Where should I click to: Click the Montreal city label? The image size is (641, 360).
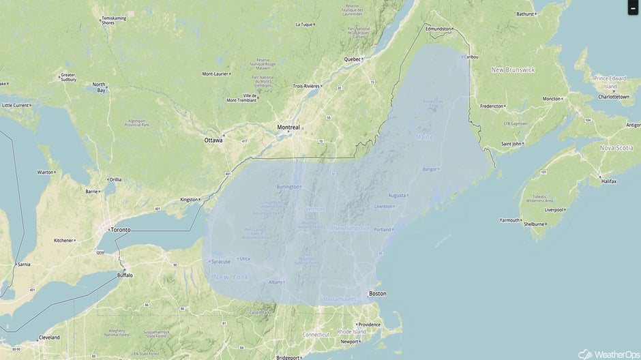[x=288, y=127]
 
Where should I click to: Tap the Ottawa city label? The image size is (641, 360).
[x=213, y=140]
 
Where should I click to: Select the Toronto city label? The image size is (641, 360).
[x=120, y=230]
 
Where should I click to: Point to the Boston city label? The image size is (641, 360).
[x=377, y=294]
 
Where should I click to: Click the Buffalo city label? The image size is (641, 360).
[x=125, y=275]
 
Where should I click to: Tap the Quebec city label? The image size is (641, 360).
[x=352, y=59]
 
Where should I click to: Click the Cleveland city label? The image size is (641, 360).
[x=48, y=337]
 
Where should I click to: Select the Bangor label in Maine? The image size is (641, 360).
[x=430, y=168]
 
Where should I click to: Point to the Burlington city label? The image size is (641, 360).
[x=287, y=186]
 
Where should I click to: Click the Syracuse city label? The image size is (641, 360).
[x=221, y=261]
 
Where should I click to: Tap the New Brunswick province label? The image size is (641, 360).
[x=513, y=70]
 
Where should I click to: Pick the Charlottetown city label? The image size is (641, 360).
[x=613, y=97]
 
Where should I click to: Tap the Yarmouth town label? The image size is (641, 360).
[x=509, y=220]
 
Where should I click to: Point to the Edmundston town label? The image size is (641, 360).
[x=438, y=29]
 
